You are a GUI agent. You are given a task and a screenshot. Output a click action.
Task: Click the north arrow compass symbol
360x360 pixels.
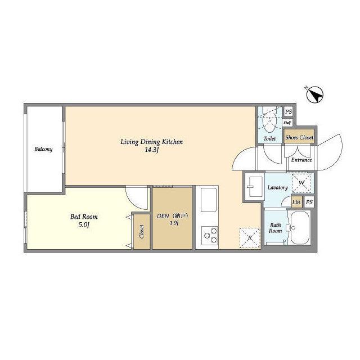pos(315,94)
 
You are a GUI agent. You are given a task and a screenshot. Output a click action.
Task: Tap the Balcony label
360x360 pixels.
pos(43,149)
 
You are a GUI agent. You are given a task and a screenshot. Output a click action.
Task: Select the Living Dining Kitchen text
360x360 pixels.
pos(152,142)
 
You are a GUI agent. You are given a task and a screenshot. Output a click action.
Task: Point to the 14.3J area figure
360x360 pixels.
pos(152,150)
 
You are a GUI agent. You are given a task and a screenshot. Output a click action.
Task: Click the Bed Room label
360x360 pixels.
pos(84,217)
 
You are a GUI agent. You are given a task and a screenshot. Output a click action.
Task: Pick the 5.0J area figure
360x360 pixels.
pos(84,225)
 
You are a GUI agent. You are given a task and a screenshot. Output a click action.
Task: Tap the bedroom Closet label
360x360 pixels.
pos(142,231)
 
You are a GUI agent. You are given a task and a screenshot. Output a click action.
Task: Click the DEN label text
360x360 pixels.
pos(163,216)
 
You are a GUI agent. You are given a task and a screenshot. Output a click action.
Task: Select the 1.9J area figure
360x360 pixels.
pos(174,223)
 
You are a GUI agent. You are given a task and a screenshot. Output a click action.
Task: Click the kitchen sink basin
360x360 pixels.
pos(209,200)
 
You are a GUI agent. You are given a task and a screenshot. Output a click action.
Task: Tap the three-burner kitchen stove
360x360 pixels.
pos(210,236)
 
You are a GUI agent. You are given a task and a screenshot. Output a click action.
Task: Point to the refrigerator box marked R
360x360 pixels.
pos(250,238)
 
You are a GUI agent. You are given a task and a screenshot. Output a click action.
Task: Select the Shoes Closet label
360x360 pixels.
pos(299,137)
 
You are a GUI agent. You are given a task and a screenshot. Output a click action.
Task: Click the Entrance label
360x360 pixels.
pos(301,160)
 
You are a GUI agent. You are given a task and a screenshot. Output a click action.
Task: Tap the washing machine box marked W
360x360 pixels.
pos(301,183)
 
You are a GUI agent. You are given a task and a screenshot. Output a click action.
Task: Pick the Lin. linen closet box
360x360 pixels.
pos(297,202)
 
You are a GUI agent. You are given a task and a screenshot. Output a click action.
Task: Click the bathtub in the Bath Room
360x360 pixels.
pos(300,228)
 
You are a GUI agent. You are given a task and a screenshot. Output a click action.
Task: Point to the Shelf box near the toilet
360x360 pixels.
pos(287,123)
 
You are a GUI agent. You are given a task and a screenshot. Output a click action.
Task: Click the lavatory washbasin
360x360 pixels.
pos(255,187)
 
